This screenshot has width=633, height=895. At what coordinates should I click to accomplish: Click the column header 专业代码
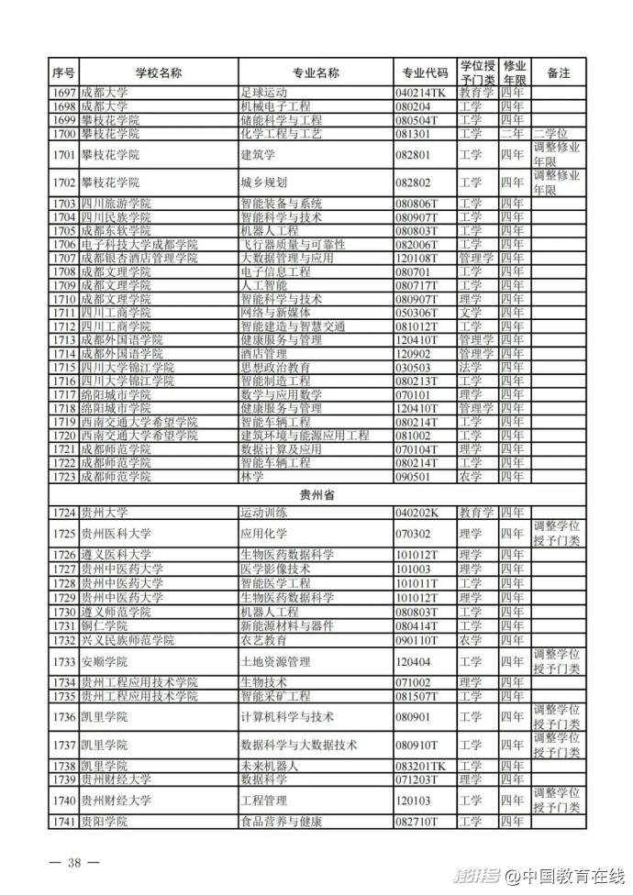(x=425, y=72)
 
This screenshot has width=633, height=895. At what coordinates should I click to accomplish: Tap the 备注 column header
(x=558, y=72)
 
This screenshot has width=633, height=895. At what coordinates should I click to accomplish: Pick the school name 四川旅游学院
(x=115, y=203)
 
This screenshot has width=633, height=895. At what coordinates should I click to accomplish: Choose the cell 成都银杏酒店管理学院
(x=139, y=258)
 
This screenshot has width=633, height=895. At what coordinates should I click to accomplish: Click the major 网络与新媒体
(x=278, y=313)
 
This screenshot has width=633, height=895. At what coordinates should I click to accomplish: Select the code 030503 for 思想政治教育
(x=415, y=367)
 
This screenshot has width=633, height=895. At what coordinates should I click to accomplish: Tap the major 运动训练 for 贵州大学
(x=265, y=512)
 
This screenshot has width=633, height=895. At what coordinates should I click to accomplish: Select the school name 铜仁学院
(x=102, y=625)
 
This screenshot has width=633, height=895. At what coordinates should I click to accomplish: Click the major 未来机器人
(x=271, y=766)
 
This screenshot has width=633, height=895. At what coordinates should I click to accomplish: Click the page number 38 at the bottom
(x=74, y=863)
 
